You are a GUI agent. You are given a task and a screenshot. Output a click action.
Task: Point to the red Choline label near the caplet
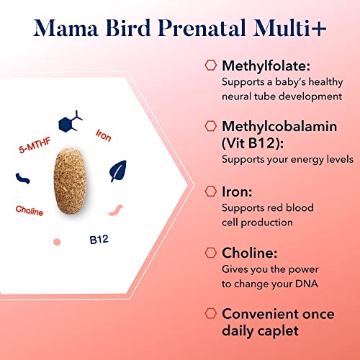tap(30, 211)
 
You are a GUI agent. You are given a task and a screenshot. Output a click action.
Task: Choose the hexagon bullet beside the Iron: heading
tap(210, 191)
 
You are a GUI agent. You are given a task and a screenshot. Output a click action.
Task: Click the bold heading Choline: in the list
tap(250, 253)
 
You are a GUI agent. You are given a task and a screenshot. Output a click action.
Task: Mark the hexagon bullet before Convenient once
tap(210, 315)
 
